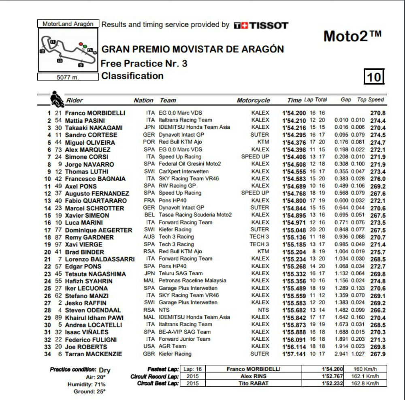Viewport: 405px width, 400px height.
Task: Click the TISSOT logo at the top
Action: [x=261, y=26]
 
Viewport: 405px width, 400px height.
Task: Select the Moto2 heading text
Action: [x=352, y=36]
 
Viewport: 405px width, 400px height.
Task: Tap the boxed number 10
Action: [x=373, y=77]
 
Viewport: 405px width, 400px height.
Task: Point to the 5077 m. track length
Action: [x=68, y=77]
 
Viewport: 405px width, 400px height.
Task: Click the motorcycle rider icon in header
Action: [x=56, y=99]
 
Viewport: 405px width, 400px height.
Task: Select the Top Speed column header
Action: [x=370, y=100]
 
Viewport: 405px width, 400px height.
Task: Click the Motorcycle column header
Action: [x=253, y=100]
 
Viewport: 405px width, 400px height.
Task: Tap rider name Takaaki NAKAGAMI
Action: [x=91, y=128]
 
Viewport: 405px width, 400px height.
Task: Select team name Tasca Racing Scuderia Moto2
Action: [x=195, y=215]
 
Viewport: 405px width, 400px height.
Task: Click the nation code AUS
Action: [x=149, y=237]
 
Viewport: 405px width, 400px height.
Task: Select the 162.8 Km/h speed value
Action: [x=366, y=383]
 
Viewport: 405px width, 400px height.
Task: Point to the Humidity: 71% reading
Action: [x=90, y=384]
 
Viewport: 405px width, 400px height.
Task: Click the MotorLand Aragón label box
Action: [x=68, y=24]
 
